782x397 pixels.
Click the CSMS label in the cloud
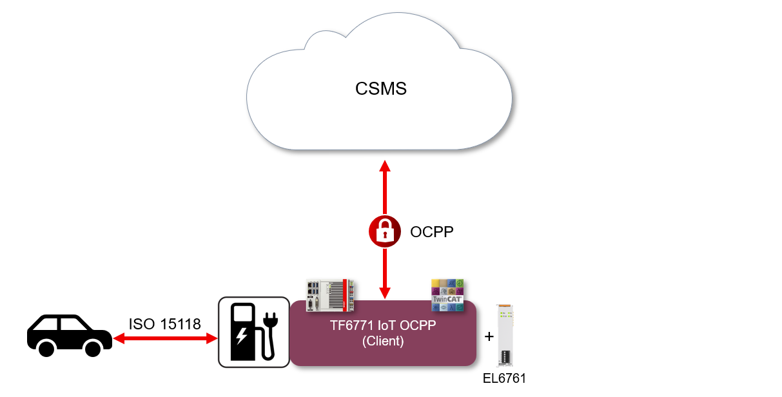(381, 88)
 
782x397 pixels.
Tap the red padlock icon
(385, 231)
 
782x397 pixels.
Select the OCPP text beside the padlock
(432, 232)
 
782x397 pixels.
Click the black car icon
(68, 335)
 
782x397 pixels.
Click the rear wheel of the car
(46, 349)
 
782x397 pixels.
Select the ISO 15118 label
(165, 324)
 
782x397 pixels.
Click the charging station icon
(253, 332)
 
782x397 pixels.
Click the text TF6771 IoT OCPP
(383, 325)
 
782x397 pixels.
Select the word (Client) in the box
(383, 341)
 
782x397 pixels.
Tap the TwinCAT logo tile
(447, 295)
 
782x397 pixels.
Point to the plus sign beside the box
(489, 336)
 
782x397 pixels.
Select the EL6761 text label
(505, 378)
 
